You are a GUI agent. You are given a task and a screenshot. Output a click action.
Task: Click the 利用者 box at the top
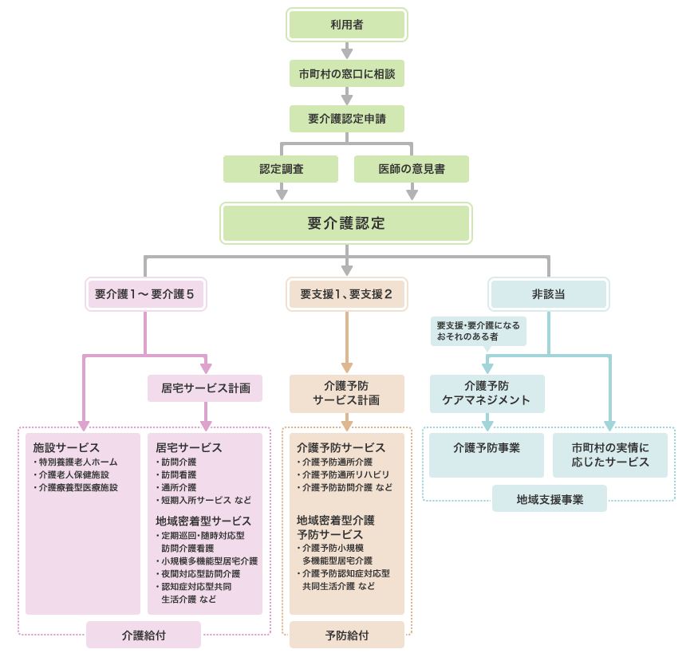click(x=346, y=25)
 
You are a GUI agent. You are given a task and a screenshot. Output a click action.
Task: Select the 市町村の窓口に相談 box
click(x=346, y=73)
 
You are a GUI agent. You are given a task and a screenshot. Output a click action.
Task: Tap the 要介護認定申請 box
click(x=346, y=119)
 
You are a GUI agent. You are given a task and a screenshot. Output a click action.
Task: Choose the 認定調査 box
click(x=281, y=169)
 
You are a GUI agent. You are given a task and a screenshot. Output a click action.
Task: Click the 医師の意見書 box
click(x=412, y=169)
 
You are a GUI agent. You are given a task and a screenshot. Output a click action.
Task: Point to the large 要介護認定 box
click(x=346, y=223)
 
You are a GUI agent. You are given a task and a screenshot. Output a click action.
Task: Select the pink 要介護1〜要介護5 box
click(x=145, y=294)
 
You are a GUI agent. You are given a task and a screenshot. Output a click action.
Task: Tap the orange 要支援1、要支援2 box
click(x=346, y=294)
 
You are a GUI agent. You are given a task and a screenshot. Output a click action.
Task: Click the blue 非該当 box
click(x=548, y=294)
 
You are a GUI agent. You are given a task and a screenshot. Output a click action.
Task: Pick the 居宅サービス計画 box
click(x=206, y=388)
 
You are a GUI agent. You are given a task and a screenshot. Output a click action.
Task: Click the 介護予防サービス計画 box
click(x=346, y=393)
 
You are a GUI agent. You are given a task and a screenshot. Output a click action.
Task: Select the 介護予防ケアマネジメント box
click(x=487, y=393)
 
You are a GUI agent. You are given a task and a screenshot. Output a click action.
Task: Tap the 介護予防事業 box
click(x=487, y=448)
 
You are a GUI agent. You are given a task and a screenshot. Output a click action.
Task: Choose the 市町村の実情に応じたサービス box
click(x=609, y=454)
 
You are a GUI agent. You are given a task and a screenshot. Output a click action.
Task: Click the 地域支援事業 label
click(x=550, y=499)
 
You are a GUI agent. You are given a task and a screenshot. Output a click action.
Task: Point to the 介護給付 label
click(x=144, y=635)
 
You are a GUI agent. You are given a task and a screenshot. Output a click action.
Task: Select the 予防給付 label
click(x=347, y=635)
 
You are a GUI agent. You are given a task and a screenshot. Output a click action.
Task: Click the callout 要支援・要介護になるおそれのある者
click(x=478, y=332)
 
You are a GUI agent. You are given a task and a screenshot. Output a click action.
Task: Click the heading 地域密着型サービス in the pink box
click(x=203, y=521)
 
